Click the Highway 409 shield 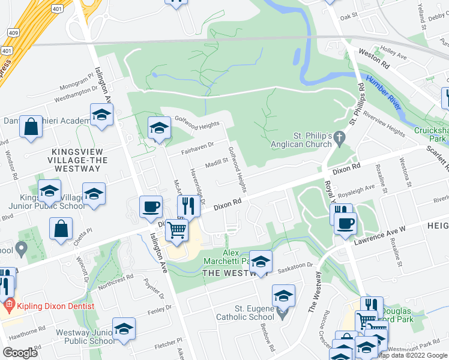click(13, 32)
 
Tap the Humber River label click(384, 92)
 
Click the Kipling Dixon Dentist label click(55, 306)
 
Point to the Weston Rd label click(374, 59)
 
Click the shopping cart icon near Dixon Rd click(176, 230)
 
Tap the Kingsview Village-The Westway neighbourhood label click(71, 160)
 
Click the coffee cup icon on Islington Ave click(150, 207)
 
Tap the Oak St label click(348, 17)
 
